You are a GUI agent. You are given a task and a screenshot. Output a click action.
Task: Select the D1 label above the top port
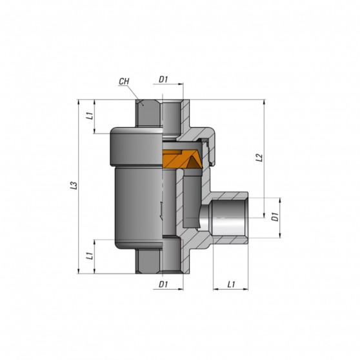click(x=163, y=80)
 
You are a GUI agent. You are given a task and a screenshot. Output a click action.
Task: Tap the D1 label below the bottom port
click(x=163, y=283)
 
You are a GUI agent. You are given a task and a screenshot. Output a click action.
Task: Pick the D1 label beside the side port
click(x=274, y=217)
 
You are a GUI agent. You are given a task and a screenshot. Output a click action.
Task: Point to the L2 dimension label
click(x=258, y=157)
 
